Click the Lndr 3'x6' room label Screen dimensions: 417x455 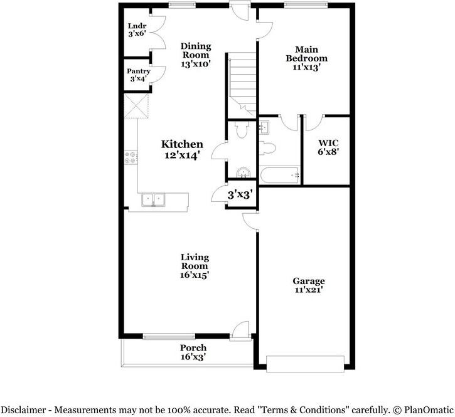tap(137, 30)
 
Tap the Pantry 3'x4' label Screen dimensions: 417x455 tap(138, 75)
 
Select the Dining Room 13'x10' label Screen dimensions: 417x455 tap(195, 55)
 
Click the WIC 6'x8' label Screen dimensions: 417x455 tap(328, 147)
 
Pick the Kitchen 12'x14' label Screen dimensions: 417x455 tap(181, 150)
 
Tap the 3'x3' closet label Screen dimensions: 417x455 tap(239, 195)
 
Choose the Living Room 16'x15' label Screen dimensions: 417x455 tap(195, 266)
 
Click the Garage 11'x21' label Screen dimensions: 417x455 tap(308, 285)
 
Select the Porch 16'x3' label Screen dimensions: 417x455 tap(193, 352)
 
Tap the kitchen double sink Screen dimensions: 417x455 tap(153, 200)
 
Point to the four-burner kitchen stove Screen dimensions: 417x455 tap(131, 157)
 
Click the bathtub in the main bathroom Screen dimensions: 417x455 tap(281, 176)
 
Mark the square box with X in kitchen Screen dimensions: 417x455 tap(136, 106)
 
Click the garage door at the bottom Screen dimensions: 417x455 tap(306, 364)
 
